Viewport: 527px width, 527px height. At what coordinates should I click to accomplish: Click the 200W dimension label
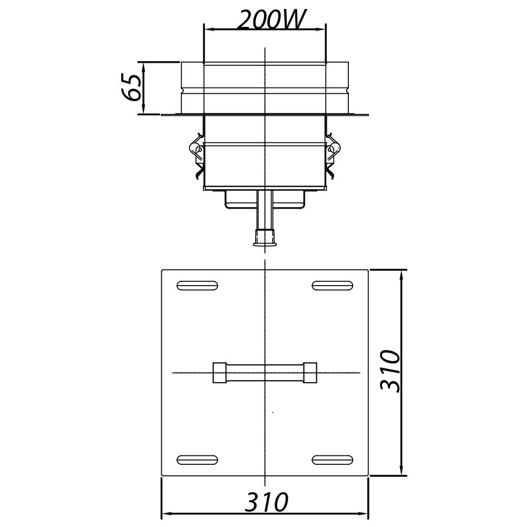pos(271,19)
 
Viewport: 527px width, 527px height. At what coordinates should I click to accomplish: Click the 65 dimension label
pos(130,87)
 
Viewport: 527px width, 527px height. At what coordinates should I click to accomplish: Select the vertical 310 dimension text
pos(390,371)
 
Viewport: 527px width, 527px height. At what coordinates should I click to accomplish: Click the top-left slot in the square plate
pos(197,285)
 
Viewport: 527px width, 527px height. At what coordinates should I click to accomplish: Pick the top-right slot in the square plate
pos(333,285)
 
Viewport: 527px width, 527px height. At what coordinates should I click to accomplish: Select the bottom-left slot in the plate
pos(197,460)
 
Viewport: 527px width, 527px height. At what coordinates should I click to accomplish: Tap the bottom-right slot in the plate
pos(333,460)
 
